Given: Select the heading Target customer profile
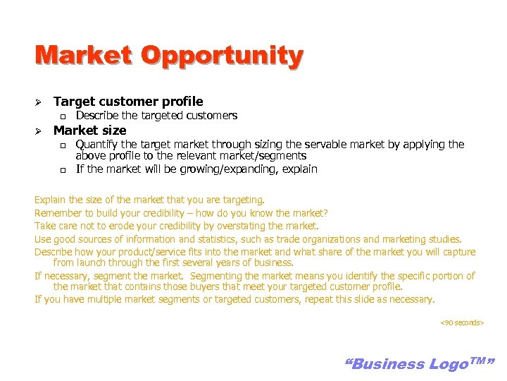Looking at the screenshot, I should coord(128,102).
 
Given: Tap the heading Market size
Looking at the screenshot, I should coord(90,131).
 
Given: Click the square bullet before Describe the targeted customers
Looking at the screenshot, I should coord(62,116).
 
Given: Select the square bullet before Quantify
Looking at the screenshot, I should coord(62,145).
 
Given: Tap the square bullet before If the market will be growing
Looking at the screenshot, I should coord(62,170).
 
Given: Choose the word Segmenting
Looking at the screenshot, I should coord(218,276).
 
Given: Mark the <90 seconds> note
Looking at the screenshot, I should coord(462,322).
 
